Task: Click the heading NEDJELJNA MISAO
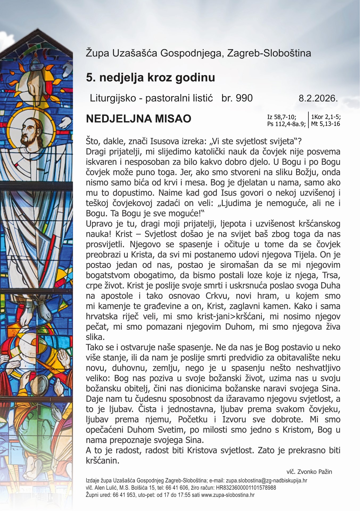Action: pyautogui.click(x=138, y=119)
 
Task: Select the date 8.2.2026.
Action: pyautogui.click(x=318, y=98)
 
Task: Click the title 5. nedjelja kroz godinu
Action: pyautogui.click(x=150, y=77)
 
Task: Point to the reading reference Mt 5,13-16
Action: pyautogui.click(x=325, y=124)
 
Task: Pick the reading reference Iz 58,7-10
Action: pyautogui.click(x=282, y=117)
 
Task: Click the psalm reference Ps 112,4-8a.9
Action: pyautogui.click(x=286, y=124)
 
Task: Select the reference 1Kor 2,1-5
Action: pyautogui.click(x=326, y=117)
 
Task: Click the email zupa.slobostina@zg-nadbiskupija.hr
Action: pyautogui.click(x=266, y=481)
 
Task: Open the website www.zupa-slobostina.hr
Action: pyautogui.click(x=228, y=495)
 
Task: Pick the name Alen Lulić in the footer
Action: pyautogui.click(x=104, y=488)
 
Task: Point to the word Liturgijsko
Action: pyautogui.click(x=113, y=98)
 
